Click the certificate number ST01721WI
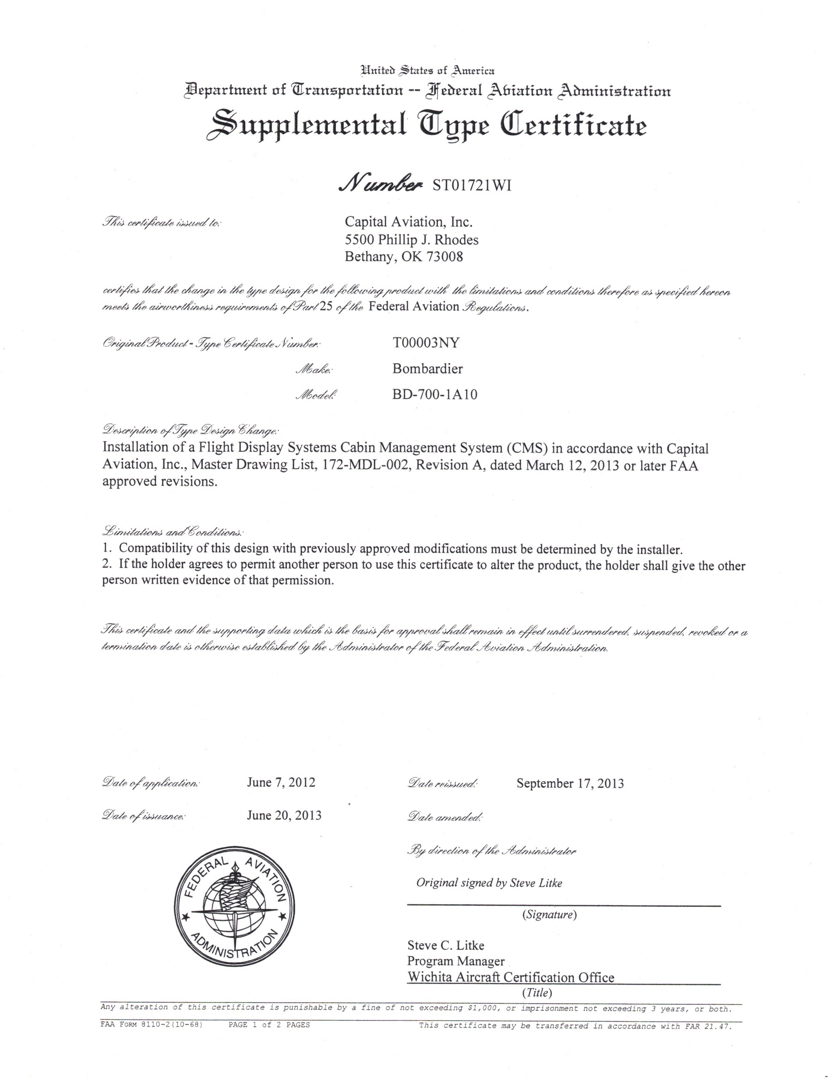click(x=472, y=185)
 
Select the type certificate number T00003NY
click(x=426, y=343)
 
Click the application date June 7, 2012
click(x=281, y=782)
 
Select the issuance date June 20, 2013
click(x=284, y=815)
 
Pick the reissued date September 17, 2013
click(x=570, y=783)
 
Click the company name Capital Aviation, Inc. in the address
click(x=408, y=222)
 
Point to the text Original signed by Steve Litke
click(x=489, y=883)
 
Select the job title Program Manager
click(x=456, y=961)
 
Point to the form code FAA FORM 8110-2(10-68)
click(x=152, y=1025)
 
